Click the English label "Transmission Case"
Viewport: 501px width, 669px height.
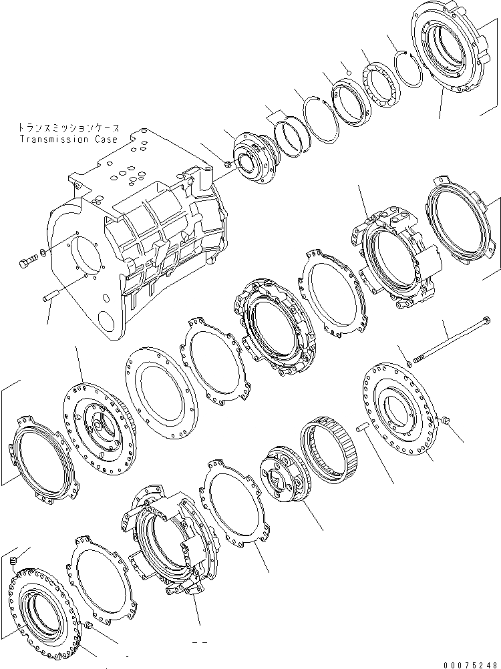point(68,140)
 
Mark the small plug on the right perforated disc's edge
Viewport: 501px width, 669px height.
point(446,419)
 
